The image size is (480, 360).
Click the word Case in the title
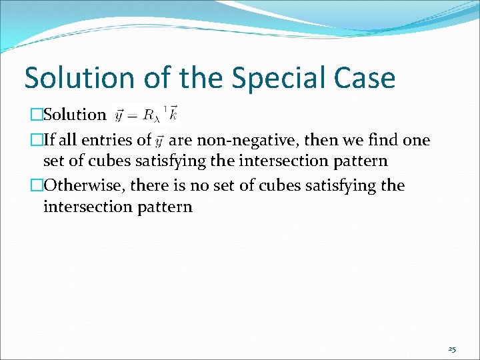point(366,78)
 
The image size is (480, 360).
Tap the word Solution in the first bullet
point(75,115)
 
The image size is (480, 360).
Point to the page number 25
point(452,349)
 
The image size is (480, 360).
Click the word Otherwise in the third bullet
point(83,185)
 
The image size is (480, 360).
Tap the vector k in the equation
point(173,114)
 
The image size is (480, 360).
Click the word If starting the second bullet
point(49,140)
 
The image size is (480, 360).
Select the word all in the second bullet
point(69,140)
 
